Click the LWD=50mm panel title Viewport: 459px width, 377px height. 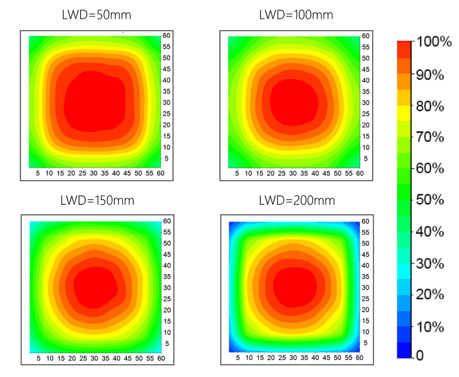96,15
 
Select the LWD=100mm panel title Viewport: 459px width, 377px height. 296,15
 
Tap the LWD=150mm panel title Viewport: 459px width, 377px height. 96,201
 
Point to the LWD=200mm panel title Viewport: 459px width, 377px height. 296,201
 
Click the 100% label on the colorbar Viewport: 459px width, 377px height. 434,43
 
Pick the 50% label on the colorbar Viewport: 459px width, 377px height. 431,200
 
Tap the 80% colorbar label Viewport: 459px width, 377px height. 431,106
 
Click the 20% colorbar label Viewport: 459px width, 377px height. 431,294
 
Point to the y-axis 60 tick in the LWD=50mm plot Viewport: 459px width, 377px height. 166,36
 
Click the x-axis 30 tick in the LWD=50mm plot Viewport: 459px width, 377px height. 94,173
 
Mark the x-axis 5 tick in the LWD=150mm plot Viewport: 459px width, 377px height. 38,359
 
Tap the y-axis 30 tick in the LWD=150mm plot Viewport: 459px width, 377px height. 166,287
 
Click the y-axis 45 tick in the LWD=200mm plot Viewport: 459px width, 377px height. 365,254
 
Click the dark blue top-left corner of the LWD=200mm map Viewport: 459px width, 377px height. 231,224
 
